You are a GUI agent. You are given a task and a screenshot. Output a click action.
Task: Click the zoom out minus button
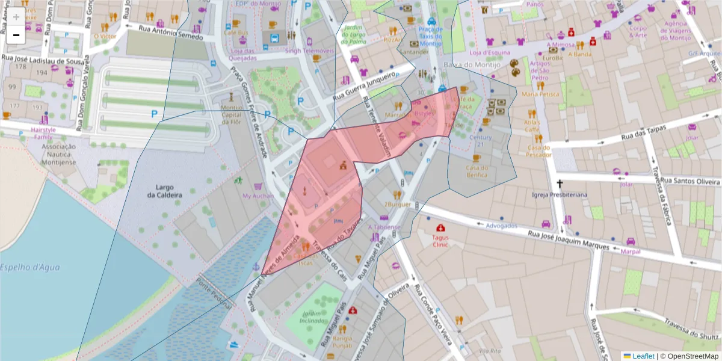16,35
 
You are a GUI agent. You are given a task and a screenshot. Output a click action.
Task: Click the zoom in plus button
16,17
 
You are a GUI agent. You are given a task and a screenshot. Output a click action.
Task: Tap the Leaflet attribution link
643,356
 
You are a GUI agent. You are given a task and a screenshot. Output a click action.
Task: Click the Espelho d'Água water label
30,267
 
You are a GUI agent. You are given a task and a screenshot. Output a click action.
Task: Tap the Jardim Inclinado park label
312,317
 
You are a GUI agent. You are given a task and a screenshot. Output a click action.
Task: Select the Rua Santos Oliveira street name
691,180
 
